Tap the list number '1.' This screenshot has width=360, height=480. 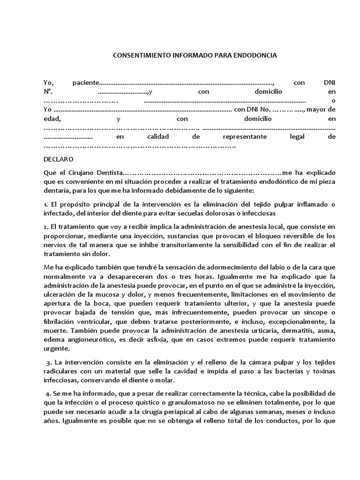[x=46, y=204]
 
